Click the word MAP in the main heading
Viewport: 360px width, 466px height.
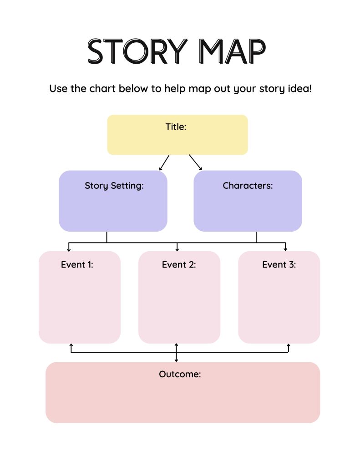232,51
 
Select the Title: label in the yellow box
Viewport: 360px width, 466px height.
176,127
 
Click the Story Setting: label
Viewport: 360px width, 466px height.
114,186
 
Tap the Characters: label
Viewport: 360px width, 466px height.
248,186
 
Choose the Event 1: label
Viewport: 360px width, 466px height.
77,264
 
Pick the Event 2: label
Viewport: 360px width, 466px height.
179,264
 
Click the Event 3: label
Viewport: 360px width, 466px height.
279,264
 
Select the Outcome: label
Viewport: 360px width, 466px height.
180,374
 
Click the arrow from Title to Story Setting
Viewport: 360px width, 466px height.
164,163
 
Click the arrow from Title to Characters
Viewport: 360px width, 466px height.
196,162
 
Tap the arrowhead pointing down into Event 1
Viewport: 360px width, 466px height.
69,250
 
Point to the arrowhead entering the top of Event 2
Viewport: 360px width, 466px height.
177,250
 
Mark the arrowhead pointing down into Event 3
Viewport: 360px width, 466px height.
285,249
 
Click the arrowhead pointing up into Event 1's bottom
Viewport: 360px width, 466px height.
71,345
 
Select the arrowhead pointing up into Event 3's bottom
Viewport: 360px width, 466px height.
289,345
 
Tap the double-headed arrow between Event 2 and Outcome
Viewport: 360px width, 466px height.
176,353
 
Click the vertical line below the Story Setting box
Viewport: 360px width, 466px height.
106,237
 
